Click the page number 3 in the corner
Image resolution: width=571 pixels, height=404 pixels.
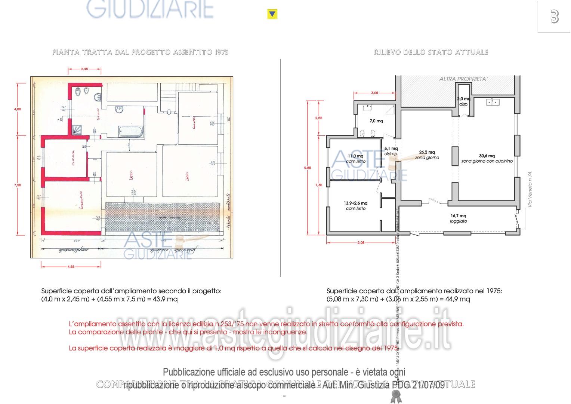coord(555,17)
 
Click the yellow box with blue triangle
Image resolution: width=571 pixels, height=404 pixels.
coord(272,15)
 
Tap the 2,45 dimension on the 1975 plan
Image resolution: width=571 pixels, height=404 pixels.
coord(84,69)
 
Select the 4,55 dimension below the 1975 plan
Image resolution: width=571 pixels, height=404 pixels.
coord(71,266)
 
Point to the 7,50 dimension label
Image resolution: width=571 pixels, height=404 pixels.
coord(18,185)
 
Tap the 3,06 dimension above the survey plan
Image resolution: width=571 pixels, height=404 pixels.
coord(374,93)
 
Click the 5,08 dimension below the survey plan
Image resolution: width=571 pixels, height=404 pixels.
coord(361,242)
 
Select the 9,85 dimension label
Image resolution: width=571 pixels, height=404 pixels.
coord(308,168)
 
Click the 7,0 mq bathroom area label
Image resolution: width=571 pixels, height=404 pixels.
coord(376,121)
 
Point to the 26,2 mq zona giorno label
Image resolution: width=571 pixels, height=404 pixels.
coord(427,155)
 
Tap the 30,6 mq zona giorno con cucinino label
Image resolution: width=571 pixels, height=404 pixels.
coord(487,158)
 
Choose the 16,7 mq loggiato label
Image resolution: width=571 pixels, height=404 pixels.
coord(458,218)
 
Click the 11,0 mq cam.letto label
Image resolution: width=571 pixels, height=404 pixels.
coord(355,159)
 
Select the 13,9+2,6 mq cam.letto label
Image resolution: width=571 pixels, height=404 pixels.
coord(355,206)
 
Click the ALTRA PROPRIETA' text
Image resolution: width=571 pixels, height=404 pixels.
coord(463,79)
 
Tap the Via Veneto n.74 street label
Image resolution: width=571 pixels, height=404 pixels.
coord(530,189)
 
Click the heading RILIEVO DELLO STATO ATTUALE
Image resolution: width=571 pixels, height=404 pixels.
coord(431,52)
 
